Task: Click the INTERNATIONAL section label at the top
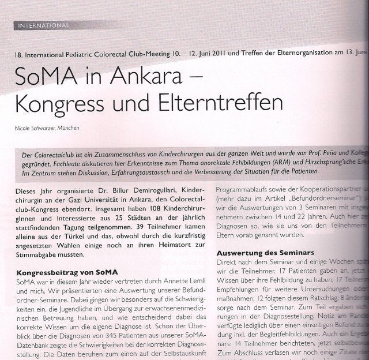click(44, 25)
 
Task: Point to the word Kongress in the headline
click(66, 103)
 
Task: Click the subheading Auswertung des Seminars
click(265, 253)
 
